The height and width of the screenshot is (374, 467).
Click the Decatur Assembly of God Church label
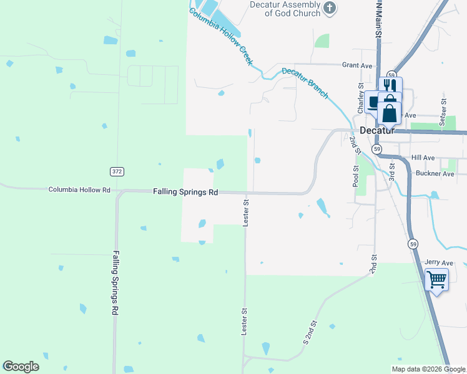pos(285,9)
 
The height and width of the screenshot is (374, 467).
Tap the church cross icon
pos(330,8)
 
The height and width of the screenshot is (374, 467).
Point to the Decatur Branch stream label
pos(305,82)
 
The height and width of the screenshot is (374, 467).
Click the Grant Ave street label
pos(357,65)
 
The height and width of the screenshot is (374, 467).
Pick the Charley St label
pos(360,98)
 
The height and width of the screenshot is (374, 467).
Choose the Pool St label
pos(355,176)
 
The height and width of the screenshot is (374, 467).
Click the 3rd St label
pos(392,171)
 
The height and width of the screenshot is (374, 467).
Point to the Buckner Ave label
pos(435,174)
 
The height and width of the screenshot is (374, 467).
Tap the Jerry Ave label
pos(438,263)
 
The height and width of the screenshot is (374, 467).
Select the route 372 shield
pos(116,171)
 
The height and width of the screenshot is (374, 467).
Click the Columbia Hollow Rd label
pos(79,189)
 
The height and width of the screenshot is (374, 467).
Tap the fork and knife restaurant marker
pos(390,85)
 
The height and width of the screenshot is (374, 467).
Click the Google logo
pos(21,367)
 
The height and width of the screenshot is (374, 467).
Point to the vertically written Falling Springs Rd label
pos(116,282)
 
